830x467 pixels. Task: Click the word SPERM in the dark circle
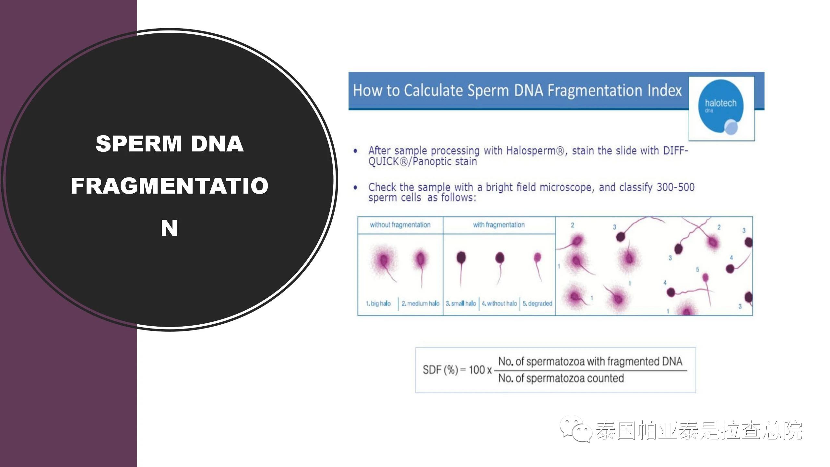pyautogui.click(x=138, y=144)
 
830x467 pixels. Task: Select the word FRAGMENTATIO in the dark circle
pyautogui.click(x=170, y=186)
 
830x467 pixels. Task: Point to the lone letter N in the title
pyautogui.click(x=169, y=228)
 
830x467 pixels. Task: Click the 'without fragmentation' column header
pyautogui.click(x=400, y=225)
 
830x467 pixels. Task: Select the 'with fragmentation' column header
pyautogui.click(x=499, y=225)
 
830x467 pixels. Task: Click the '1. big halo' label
pyautogui.click(x=378, y=304)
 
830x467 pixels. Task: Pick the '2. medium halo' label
pyautogui.click(x=421, y=304)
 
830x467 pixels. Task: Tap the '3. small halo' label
pyautogui.click(x=461, y=304)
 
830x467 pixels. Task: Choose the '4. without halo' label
pyautogui.click(x=499, y=304)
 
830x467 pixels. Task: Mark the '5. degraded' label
pyautogui.click(x=537, y=304)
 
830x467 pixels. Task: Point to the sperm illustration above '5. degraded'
pyautogui.click(x=538, y=267)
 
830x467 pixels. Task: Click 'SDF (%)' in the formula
pyautogui.click(x=440, y=370)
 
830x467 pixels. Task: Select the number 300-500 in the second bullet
pyautogui.click(x=676, y=187)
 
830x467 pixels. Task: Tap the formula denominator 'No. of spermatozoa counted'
pyautogui.click(x=561, y=378)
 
